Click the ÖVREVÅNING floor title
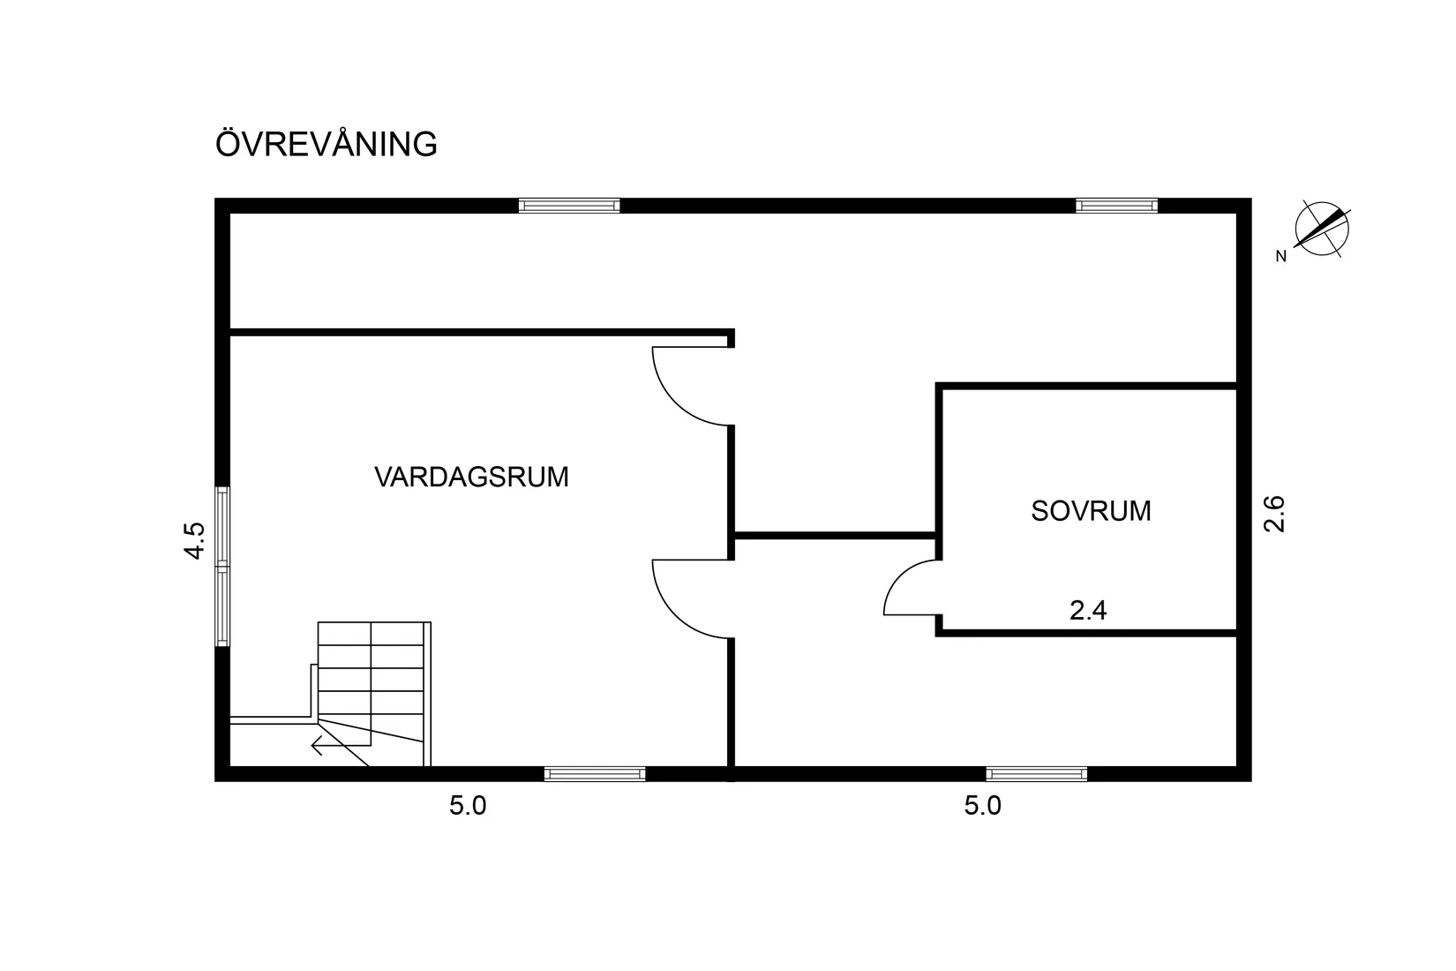[326, 144]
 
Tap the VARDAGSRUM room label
[471, 478]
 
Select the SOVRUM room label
[1091, 511]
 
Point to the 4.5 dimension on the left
[195, 540]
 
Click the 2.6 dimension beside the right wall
[1274, 513]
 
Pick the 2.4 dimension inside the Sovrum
[1088, 610]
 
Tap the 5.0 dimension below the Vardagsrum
[468, 806]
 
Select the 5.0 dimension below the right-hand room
[983, 806]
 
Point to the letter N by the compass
[1280, 257]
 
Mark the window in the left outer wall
[223, 567]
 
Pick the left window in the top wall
[569, 206]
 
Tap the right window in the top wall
[1116, 206]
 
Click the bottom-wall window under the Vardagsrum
[595, 774]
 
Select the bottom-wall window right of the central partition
[1037, 774]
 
